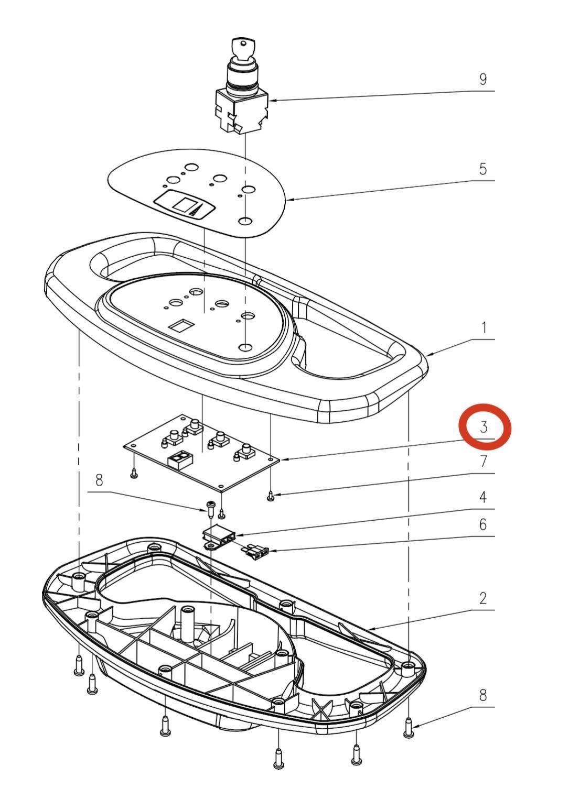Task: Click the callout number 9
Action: tap(483, 79)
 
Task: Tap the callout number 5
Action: tap(483, 169)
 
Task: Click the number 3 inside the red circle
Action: tap(484, 426)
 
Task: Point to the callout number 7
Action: tap(484, 461)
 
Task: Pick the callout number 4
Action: tap(483, 497)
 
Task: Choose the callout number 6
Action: tap(483, 524)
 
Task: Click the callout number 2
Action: tap(483, 598)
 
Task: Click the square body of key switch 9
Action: tap(242, 111)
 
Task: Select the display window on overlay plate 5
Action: tap(184, 204)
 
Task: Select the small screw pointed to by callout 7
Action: tap(271, 496)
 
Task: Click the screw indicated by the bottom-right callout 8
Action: tap(409, 739)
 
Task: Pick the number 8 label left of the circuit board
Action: tap(100, 479)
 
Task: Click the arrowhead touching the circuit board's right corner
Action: tap(284, 459)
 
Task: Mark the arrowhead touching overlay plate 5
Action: tap(289, 200)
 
